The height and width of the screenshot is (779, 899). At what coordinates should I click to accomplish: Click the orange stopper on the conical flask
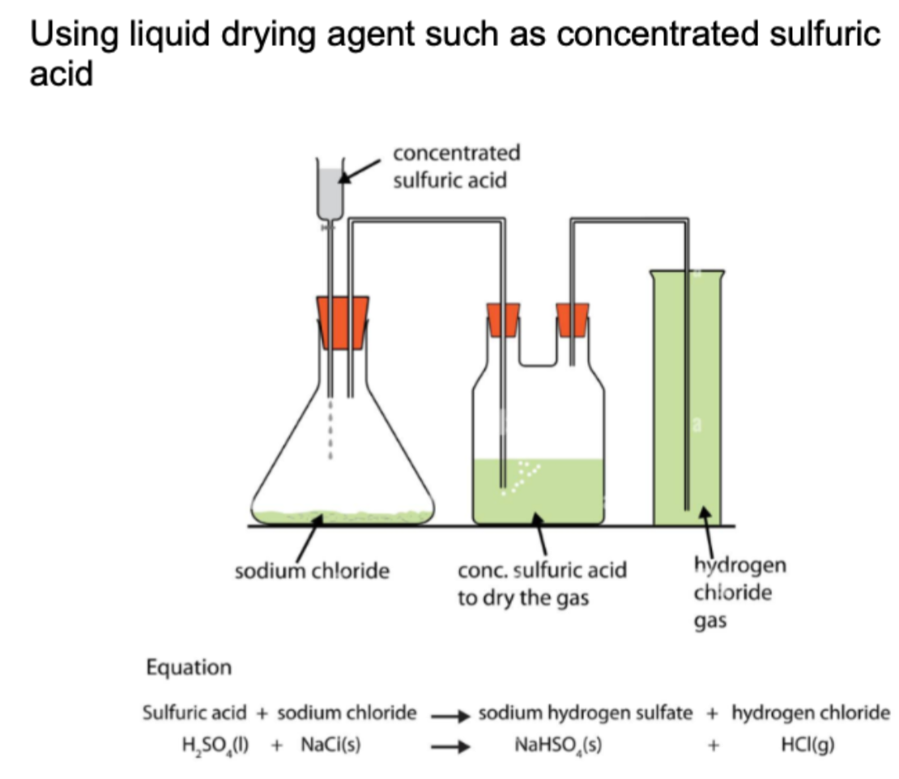click(x=343, y=321)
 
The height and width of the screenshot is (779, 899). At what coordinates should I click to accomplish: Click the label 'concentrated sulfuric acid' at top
click(x=456, y=166)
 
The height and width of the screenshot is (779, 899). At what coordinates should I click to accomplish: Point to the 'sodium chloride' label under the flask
click(x=312, y=571)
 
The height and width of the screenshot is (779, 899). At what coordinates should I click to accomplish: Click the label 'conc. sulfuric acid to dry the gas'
click(x=542, y=584)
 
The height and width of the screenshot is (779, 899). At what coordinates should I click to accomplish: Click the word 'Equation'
click(x=188, y=668)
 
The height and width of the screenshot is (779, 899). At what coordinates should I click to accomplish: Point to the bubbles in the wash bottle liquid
click(x=520, y=478)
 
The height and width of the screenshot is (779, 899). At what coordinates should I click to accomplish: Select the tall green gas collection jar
click(x=687, y=397)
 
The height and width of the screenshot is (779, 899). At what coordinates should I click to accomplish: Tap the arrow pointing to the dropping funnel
click(x=360, y=170)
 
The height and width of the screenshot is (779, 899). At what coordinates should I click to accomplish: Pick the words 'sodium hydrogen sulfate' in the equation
click(x=586, y=713)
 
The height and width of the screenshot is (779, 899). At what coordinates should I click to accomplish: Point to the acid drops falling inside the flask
click(x=330, y=429)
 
